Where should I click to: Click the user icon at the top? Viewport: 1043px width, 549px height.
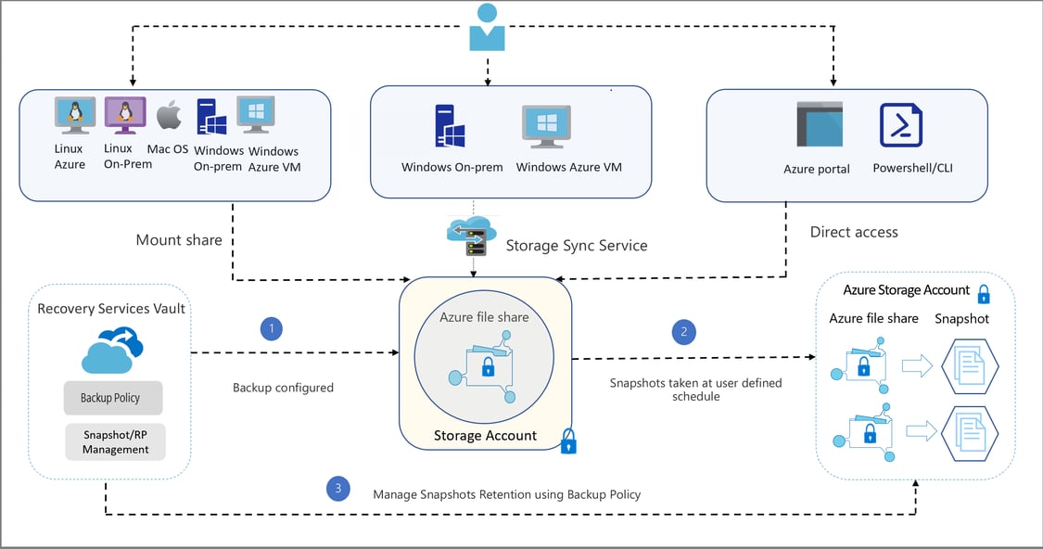click(487, 27)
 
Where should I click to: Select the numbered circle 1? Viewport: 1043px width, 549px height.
click(271, 328)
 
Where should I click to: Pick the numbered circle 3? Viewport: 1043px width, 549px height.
click(338, 487)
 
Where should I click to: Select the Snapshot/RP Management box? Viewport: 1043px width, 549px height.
click(115, 441)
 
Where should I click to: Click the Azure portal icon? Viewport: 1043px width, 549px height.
click(819, 125)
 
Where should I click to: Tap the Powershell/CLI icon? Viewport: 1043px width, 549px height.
click(901, 125)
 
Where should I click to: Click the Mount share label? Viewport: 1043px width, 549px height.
click(179, 240)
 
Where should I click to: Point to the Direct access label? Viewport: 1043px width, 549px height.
click(854, 232)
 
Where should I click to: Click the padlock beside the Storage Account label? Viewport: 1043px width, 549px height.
click(568, 440)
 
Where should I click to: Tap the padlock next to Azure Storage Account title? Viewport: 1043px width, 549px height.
click(984, 295)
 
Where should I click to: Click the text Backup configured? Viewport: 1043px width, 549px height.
click(283, 388)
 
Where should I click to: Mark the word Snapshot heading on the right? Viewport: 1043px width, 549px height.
click(961, 318)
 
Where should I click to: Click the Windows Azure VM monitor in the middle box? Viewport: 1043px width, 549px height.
click(546, 126)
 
